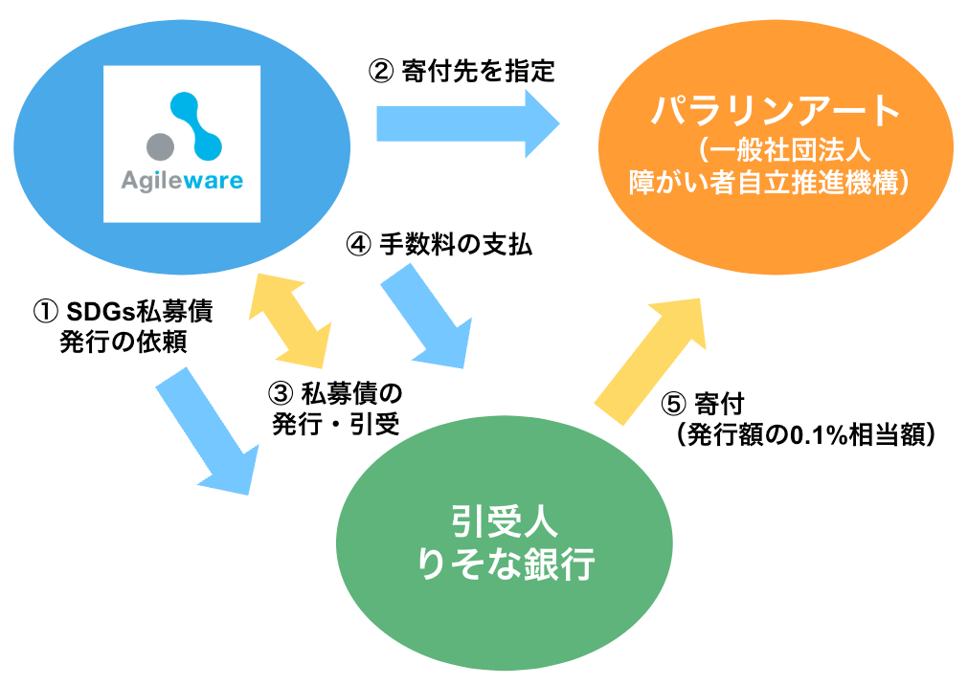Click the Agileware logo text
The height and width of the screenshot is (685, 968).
click(182, 180)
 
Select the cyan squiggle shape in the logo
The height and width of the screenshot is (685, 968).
click(196, 125)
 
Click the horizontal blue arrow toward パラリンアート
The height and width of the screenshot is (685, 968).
click(468, 123)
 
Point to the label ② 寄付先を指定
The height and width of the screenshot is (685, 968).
click(461, 71)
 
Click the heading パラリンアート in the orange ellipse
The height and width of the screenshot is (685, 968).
click(776, 110)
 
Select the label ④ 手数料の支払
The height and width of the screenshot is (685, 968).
click(439, 244)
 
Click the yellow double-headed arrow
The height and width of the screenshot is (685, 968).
click(289, 320)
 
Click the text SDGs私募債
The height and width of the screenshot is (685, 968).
click(140, 311)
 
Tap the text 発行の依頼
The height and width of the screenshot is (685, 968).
click(124, 342)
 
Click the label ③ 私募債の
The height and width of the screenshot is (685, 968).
click(334, 393)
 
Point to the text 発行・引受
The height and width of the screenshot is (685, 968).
click(336, 424)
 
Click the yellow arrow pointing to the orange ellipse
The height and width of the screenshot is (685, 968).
click(651, 362)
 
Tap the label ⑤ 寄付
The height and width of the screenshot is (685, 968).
click(703, 405)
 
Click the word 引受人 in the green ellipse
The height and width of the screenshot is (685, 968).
click(505, 521)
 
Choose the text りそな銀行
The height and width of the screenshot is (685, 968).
click(506, 563)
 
